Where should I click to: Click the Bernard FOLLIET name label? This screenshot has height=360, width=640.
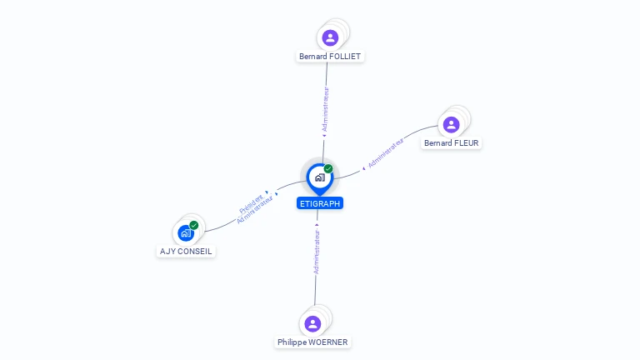click(331, 57)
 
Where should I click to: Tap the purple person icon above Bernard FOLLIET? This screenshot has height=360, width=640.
click(330, 37)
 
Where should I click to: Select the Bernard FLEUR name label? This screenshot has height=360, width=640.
click(452, 143)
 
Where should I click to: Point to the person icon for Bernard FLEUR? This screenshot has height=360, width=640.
click(451, 125)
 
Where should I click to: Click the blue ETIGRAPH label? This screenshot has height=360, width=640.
click(320, 203)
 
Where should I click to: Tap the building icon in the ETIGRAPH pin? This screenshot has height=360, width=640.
click(319, 177)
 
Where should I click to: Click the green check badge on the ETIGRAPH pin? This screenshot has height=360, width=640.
click(328, 169)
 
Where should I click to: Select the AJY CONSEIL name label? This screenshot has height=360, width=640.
click(186, 251)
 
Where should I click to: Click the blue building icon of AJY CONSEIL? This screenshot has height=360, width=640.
click(186, 233)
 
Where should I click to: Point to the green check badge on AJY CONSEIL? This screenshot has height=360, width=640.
click(194, 225)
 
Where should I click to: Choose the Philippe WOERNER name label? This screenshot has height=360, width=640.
click(313, 342)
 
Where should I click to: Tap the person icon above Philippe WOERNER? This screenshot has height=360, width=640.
click(312, 323)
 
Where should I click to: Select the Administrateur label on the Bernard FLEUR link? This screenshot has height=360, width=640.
click(386, 153)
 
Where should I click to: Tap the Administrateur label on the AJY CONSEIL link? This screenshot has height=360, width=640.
click(256, 211)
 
